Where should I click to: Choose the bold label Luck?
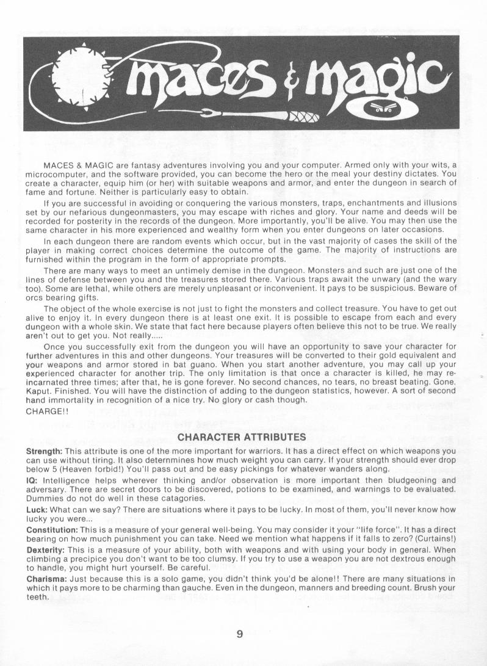coord(37,510)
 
